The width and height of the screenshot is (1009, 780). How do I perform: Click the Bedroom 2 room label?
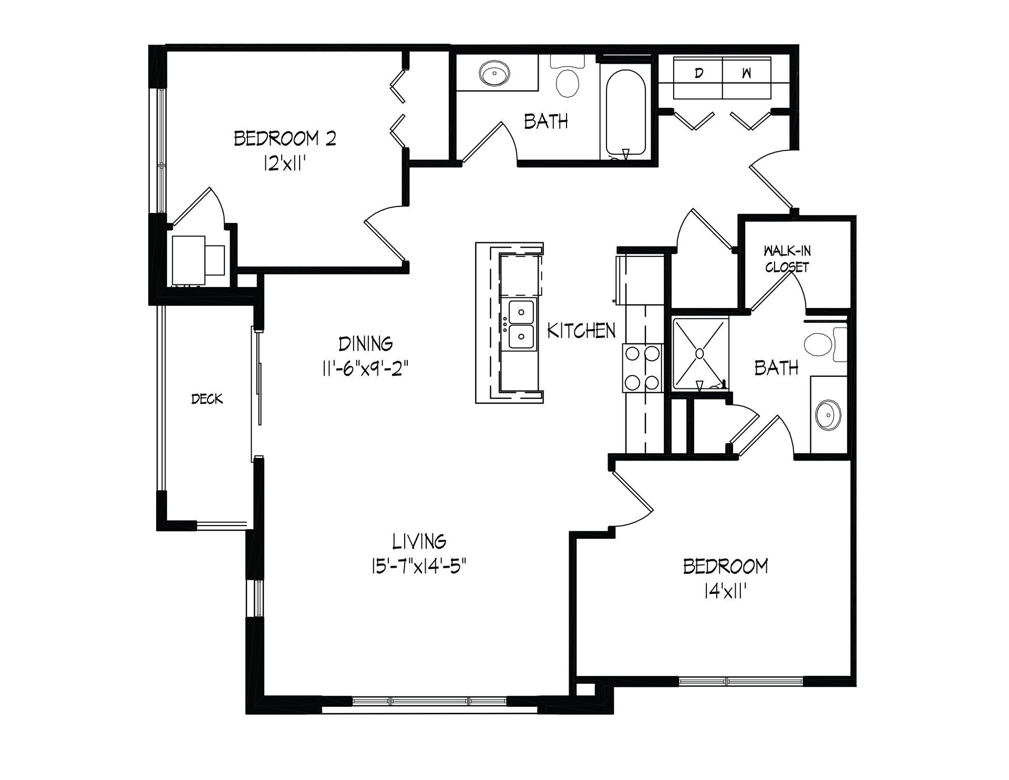pyautogui.click(x=285, y=139)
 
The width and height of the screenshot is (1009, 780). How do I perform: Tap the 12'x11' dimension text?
pyautogui.click(x=284, y=164)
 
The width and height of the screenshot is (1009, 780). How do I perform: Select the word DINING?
pyautogui.click(x=366, y=344)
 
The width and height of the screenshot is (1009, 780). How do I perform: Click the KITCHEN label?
pyautogui.click(x=581, y=331)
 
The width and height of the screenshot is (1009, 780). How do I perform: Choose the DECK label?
pyautogui.click(x=207, y=399)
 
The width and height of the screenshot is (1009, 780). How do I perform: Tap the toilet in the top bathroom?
pyautogui.click(x=568, y=76)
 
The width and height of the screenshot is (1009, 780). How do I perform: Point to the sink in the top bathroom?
pyautogui.click(x=495, y=73)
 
